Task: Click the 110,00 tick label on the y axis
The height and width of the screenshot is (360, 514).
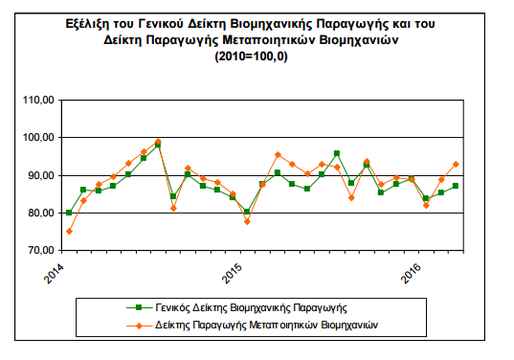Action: pyautogui.click(x=38, y=100)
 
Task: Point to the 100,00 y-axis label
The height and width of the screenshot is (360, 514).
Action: pyautogui.click(x=38, y=138)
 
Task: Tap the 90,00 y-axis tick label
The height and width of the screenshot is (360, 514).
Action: pyautogui.click(x=40, y=175)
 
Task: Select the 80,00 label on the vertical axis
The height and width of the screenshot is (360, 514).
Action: pyautogui.click(x=40, y=213)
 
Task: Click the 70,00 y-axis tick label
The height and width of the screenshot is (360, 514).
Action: pyautogui.click(x=40, y=251)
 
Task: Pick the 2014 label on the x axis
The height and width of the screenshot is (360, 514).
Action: pyautogui.click(x=54, y=273)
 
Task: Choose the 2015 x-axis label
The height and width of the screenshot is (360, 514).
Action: pyautogui.click(x=232, y=273)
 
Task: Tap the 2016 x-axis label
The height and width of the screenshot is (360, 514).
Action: pyautogui.click(x=411, y=273)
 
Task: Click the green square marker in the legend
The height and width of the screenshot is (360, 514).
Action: pyautogui.click(x=139, y=307)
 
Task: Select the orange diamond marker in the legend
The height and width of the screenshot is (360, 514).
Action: pyautogui.click(x=139, y=326)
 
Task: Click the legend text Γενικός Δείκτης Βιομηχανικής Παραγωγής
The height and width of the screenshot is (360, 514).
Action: pyautogui.click(x=251, y=308)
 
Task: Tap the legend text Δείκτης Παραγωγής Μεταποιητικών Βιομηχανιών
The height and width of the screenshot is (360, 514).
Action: pyautogui.click(x=266, y=326)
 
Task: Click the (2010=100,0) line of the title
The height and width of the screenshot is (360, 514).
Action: pyautogui.click(x=251, y=56)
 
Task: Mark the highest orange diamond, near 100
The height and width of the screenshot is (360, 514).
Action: pyautogui.click(x=158, y=142)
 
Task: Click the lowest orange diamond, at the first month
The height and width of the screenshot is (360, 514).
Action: pyautogui.click(x=69, y=232)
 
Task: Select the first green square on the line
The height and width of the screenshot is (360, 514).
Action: pyautogui.click(x=69, y=213)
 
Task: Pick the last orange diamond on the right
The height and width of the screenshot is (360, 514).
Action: pyautogui.click(x=456, y=165)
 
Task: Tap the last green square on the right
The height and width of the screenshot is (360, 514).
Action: pyautogui.click(x=456, y=186)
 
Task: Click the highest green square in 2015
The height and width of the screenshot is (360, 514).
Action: pyautogui.click(x=337, y=153)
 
